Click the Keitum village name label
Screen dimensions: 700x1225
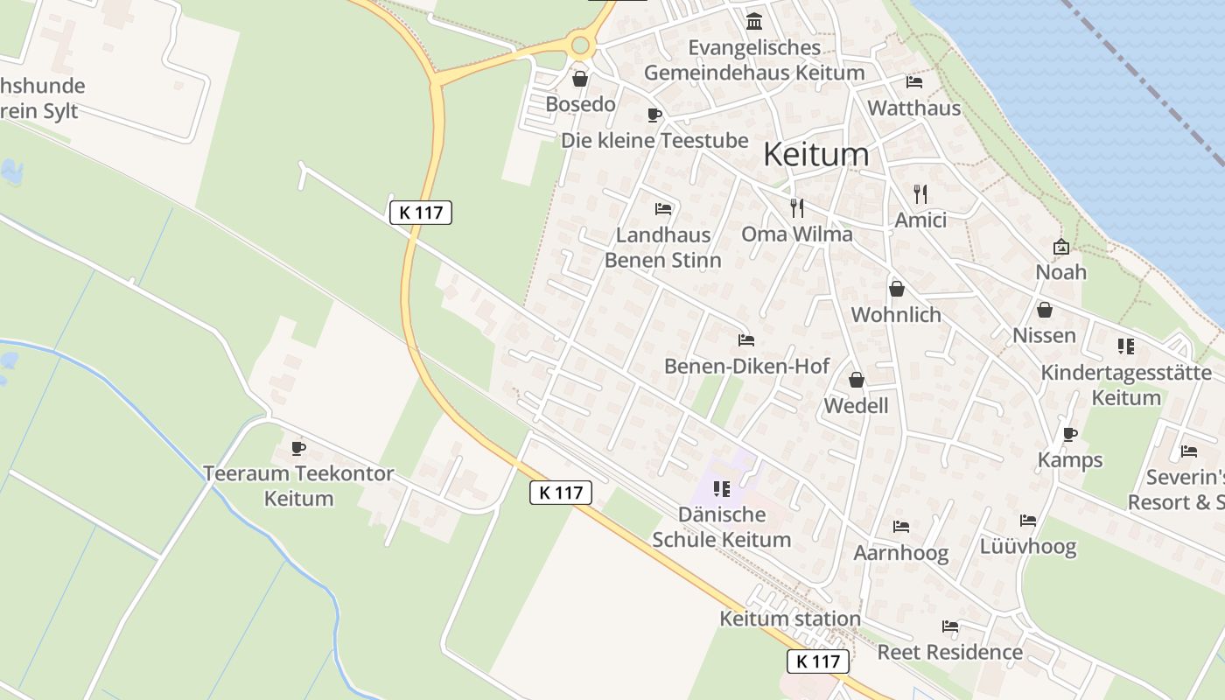point(816,155)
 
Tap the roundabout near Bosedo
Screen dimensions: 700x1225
point(580,45)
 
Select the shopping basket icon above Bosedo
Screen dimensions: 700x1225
point(579,79)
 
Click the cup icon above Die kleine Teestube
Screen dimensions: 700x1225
point(654,115)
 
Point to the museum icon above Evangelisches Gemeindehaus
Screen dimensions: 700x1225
point(754,21)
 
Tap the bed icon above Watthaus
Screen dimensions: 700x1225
point(914,82)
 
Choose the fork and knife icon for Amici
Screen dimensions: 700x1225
point(920,193)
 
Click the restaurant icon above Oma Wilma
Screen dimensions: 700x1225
point(796,207)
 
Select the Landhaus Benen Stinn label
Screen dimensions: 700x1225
point(663,248)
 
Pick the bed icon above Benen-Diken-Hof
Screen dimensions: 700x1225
point(745,339)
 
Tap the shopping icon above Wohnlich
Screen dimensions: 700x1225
point(896,289)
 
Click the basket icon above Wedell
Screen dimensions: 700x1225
point(856,380)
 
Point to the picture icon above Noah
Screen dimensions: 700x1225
point(1061,247)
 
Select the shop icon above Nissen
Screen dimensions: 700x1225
point(1044,310)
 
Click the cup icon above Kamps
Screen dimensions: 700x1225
point(1069,434)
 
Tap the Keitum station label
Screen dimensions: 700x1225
point(790,619)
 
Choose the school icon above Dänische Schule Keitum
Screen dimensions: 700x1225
point(721,488)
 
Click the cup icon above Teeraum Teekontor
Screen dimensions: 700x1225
point(298,448)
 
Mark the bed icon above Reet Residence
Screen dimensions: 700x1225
point(949,626)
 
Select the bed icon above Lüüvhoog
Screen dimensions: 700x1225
point(1027,521)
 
